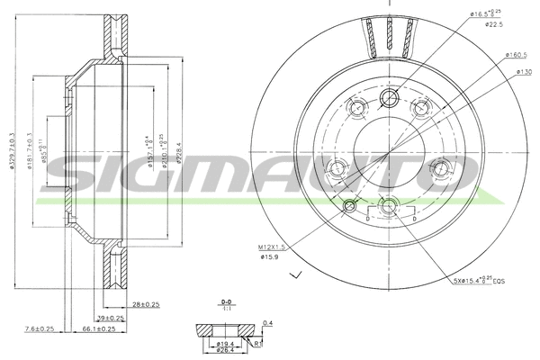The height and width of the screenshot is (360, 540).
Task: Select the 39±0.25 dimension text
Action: [x=109, y=318]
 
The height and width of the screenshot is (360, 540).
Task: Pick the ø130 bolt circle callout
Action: [x=521, y=71]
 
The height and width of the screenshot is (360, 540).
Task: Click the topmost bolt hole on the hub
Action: [x=389, y=98]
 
